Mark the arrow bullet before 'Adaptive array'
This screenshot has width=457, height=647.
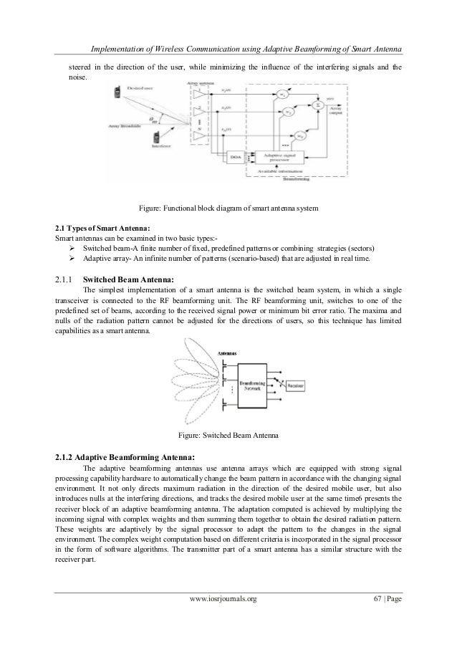click(x=72, y=258)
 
